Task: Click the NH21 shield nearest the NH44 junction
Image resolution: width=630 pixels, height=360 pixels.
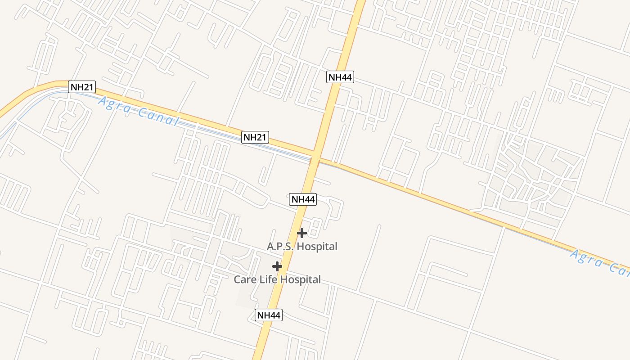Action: click(255, 137)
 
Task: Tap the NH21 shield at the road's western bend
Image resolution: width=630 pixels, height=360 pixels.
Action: click(82, 87)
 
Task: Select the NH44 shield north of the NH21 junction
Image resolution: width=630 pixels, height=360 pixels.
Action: click(340, 77)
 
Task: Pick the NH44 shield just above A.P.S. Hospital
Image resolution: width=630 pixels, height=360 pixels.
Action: click(303, 199)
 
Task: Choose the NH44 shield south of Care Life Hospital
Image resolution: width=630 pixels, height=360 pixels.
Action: click(269, 315)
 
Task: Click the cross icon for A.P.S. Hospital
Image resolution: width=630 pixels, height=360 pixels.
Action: click(302, 233)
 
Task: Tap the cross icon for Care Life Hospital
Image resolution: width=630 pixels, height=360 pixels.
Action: click(277, 266)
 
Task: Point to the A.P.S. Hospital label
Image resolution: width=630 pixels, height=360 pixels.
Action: click(302, 247)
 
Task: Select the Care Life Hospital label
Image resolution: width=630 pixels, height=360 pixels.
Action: click(277, 280)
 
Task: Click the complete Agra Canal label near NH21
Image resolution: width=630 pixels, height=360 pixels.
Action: click(138, 112)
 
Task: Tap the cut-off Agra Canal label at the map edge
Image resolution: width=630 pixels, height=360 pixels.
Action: click(599, 262)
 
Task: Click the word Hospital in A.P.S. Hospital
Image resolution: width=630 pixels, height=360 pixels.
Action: click(317, 247)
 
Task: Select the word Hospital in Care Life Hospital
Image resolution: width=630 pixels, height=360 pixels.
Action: click(301, 280)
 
